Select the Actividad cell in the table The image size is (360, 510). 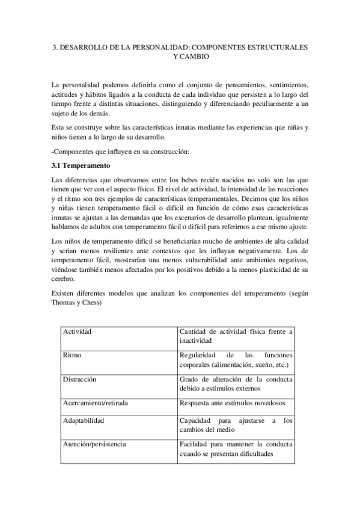pyautogui.click(x=78, y=331)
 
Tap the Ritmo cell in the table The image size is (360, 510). pyautogui.click(x=72, y=355)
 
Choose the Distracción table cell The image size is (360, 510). pyautogui.click(x=79, y=379)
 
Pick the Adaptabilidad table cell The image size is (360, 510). pyautogui.click(x=84, y=421)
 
